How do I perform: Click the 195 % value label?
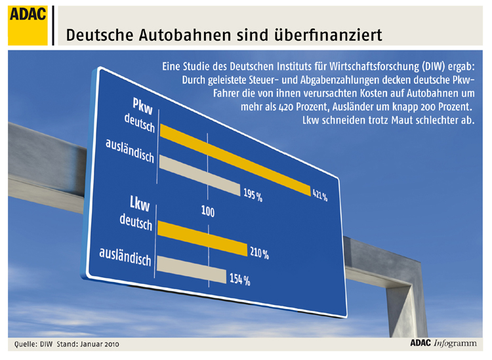pyautogui.click(x=253, y=195)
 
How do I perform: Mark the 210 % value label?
pyautogui.click(x=258, y=253)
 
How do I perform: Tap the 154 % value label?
pyautogui.click(x=239, y=280)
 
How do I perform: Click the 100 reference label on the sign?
pyautogui.click(x=208, y=212)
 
